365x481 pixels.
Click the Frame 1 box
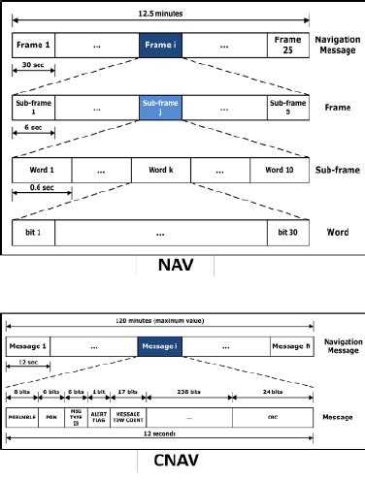pyautogui.click(x=33, y=45)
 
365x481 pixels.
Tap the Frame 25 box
pyautogui.click(x=289, y=45)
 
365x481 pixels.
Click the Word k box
pyautogui.click(x=161, y=170)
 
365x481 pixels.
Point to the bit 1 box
pyautogui.click(x=33, y=232)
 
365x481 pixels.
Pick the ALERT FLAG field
pyautogui.click(x=125, y=419)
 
